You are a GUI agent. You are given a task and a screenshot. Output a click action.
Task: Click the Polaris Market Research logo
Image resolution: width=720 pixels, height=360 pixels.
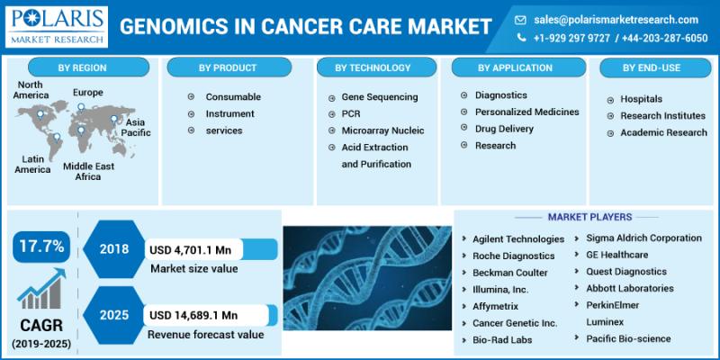point(57,27)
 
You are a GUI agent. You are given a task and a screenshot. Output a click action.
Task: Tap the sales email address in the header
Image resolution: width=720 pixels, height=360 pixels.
point(616,20)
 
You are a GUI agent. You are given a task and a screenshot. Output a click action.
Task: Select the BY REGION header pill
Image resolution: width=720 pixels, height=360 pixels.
point(88,67)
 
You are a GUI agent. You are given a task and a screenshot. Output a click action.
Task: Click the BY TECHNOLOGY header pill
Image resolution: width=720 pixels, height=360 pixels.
point(376,67)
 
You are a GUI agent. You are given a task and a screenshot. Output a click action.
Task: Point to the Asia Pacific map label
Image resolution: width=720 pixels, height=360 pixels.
point(136,127)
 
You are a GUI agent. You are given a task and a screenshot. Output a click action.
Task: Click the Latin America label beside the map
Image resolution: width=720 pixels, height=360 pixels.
point(32,165)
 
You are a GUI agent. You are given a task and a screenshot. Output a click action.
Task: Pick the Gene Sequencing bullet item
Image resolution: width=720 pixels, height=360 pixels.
point(380,97)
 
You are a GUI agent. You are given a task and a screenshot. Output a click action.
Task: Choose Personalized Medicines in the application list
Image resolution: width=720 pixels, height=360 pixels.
point(527,112)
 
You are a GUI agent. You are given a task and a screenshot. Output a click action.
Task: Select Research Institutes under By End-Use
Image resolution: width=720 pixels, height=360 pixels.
point(662,116)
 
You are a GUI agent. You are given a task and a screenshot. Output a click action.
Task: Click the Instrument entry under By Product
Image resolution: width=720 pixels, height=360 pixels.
point(229,113)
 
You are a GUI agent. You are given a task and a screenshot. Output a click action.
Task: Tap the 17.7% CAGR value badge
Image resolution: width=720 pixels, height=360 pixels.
point(41,247)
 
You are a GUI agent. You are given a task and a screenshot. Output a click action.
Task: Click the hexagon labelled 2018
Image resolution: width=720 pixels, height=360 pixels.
point(114,249)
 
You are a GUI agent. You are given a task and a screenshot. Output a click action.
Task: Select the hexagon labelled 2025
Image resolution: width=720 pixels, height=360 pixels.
point(114,316)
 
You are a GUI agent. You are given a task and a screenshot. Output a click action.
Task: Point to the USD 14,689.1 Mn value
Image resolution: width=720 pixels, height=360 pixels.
point(193,316)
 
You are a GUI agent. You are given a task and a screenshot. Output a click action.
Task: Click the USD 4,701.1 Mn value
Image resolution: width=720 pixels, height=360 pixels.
point(190,250)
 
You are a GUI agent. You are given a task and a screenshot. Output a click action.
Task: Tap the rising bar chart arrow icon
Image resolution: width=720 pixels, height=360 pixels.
point(41,288)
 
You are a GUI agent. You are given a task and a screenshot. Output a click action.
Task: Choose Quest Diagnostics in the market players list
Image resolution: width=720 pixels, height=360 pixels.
point(626,272)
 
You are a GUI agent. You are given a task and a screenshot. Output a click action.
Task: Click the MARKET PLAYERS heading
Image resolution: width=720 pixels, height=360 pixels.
point(589,217)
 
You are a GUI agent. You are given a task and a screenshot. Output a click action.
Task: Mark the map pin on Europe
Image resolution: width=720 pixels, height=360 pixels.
point(81,108)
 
